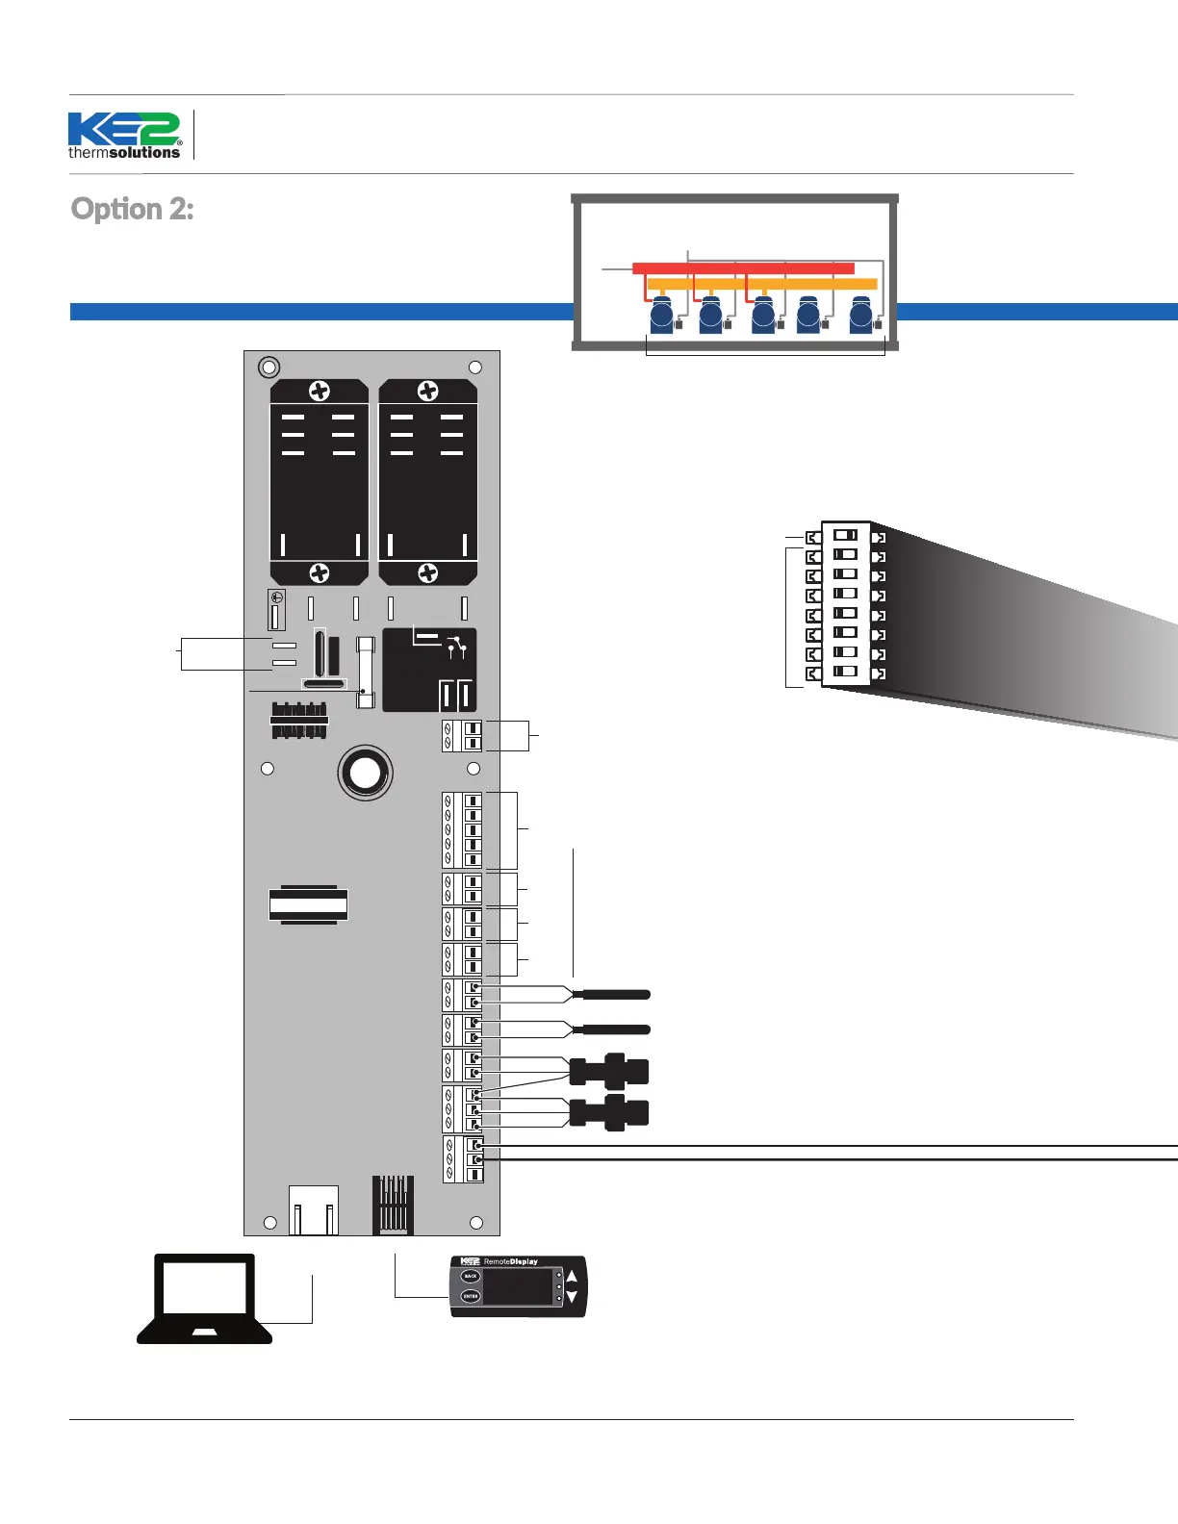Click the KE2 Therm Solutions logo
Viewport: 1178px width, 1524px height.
[124, 136]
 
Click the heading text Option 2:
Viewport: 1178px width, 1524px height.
[133, 209]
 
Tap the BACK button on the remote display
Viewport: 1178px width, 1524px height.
[470, 1277]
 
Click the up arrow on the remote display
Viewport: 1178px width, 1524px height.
[572, 1277]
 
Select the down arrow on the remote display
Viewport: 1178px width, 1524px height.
[572, 1297]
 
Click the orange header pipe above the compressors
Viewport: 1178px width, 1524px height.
[761, 284]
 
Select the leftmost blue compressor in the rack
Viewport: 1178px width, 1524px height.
[662, 315]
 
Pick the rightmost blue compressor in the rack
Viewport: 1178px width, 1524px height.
[861, 315]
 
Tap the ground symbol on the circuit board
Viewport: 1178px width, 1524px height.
[276, 598]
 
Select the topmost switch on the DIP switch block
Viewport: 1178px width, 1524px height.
[845, 535]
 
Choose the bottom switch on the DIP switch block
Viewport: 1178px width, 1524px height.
[845, 672]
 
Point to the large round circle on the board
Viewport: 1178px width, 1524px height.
[365, 773]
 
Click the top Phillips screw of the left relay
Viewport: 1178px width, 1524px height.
[319, 391]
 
